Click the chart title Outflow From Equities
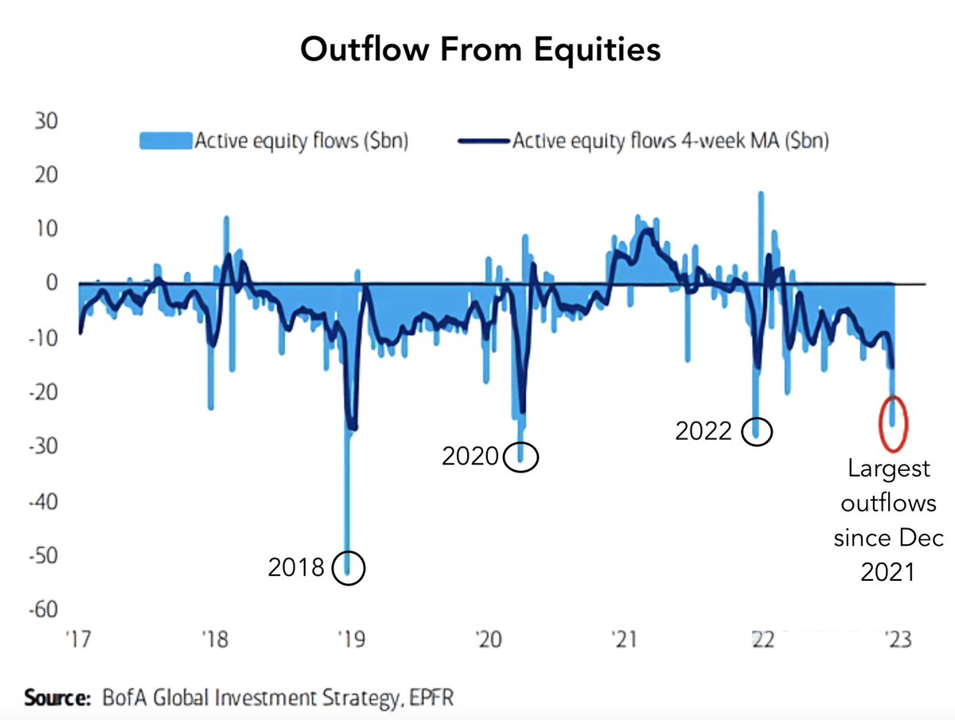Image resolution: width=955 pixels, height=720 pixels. point(480,49)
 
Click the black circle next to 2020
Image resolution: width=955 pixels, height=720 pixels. point(521,457)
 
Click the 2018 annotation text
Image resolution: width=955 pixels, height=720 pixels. point(296,568)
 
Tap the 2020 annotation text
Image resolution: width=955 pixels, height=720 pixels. point(470,457)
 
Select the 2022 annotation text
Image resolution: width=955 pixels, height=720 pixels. point(704,430)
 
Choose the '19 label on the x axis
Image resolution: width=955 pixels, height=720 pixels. point(350,640)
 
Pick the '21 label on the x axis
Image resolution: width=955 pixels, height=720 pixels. point(622,640)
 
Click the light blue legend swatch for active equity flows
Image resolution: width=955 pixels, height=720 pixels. point(166,141)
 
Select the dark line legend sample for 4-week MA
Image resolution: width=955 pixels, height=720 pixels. point(484,142)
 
